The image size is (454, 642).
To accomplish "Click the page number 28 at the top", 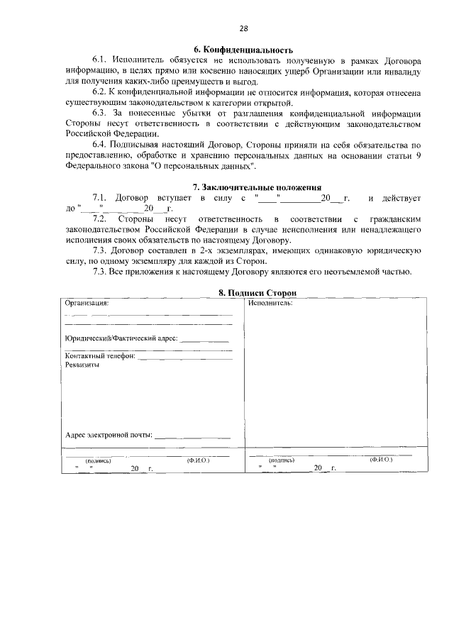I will click(243, 28).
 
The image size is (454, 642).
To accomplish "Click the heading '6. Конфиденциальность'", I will click(243, 50).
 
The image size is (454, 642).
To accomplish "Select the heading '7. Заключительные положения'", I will click(243, 187).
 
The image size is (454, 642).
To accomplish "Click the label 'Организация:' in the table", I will click(87, 302).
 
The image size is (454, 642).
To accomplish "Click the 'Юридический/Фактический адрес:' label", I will click(121, 339).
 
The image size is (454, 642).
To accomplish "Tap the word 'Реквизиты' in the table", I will click(82, 365).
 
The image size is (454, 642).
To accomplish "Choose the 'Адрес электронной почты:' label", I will click(109, 435).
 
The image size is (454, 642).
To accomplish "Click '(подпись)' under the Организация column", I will click(97, 460).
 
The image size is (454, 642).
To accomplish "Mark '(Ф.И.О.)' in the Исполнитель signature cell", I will click(381, 460).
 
